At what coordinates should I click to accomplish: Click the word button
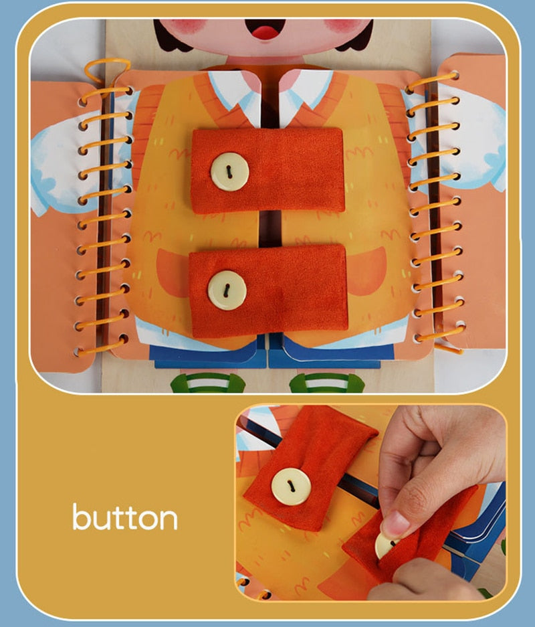[x=125, y=518]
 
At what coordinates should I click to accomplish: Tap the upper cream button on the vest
[x=229, y=171]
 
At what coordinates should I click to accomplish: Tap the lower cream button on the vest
[x=227, y=290]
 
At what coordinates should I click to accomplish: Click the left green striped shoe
[x=208, y=383]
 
